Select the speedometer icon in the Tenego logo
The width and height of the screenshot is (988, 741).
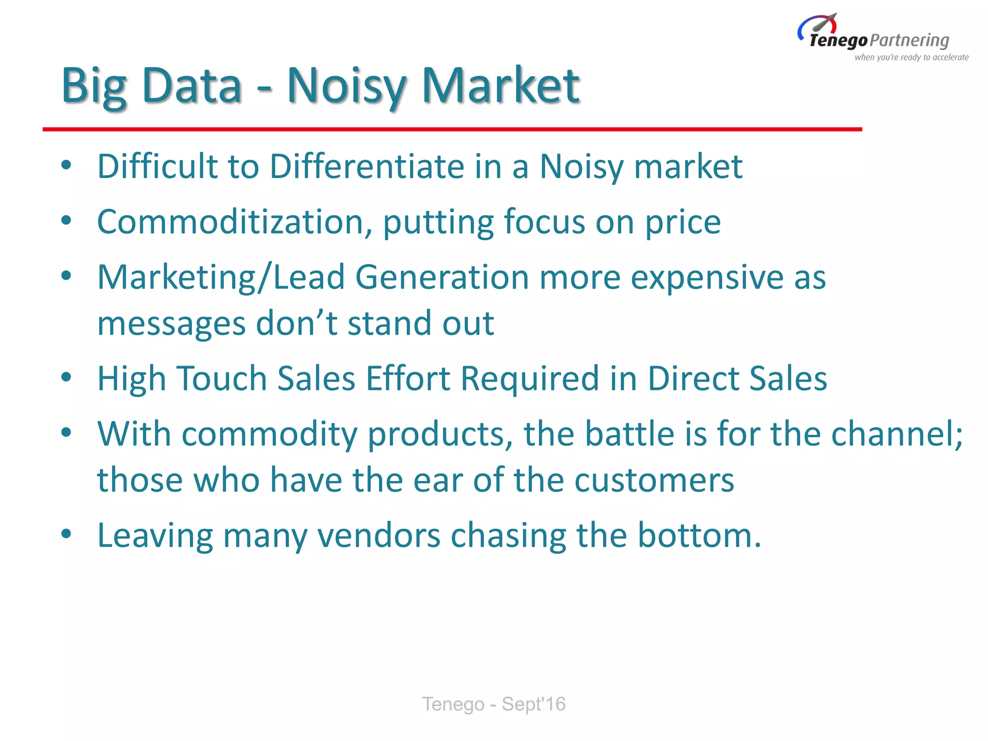point(818,25)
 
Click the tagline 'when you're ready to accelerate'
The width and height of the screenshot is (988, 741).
point(911,57)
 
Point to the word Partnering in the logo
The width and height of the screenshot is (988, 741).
point(910,41)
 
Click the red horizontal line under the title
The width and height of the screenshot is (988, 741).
point(452,129)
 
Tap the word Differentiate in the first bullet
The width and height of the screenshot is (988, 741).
point(367,166)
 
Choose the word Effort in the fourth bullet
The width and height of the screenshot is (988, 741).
point(408,378)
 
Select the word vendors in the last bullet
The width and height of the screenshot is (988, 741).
point(379,535)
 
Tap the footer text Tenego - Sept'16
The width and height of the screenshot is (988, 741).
point(494,704)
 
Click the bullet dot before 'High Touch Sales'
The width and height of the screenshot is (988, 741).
point(67,377)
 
